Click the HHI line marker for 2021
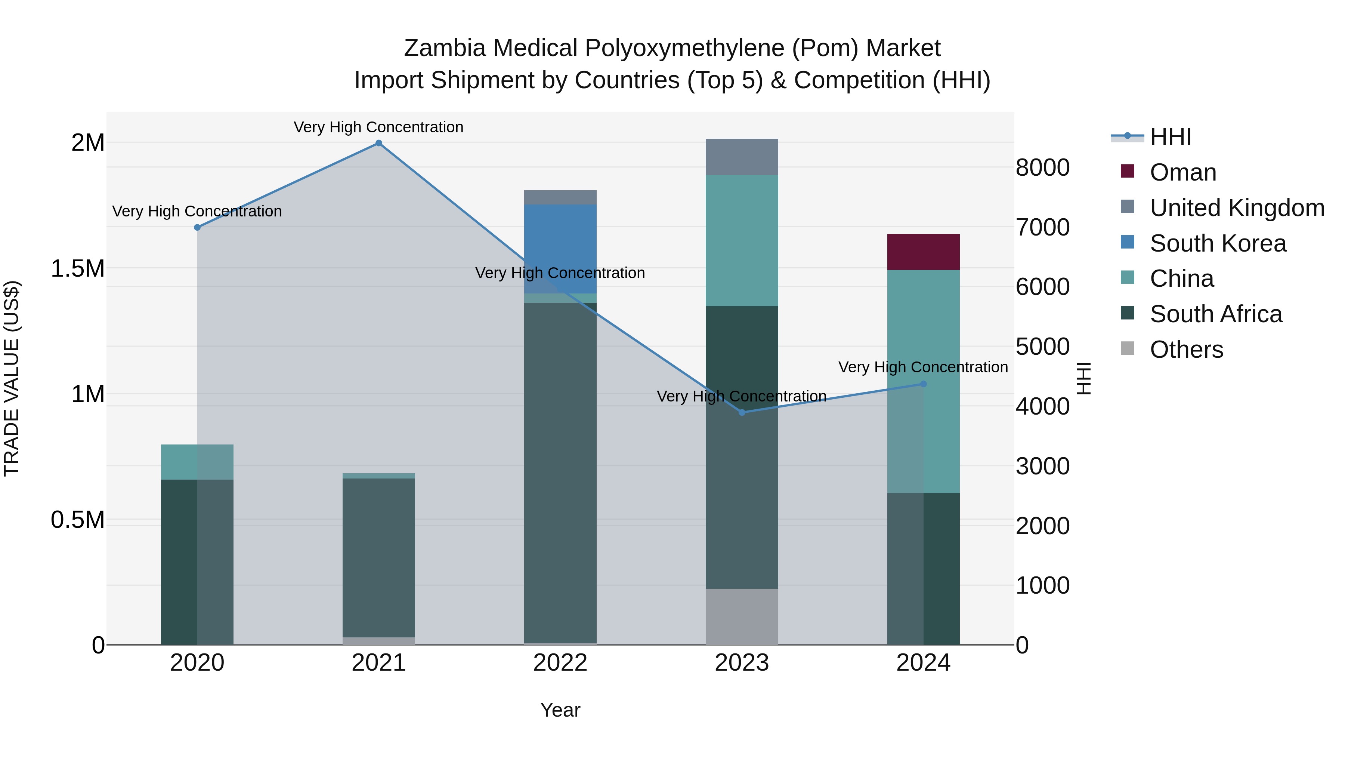point(378,143)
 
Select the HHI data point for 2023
point(742,412)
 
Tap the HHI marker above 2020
point(197,227)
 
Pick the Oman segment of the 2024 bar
point(923,252)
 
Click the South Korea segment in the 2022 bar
point(560,249)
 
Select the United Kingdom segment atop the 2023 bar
point(742,157)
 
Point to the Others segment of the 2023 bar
point(742,616)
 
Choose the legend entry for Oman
point(1182,172)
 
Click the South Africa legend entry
point(1215,314)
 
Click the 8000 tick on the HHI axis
point(1042,168)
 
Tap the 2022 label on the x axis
point(560,663)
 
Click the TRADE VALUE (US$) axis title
point(12,378)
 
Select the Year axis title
point(560,710)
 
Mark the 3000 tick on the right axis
point(1042,466)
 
